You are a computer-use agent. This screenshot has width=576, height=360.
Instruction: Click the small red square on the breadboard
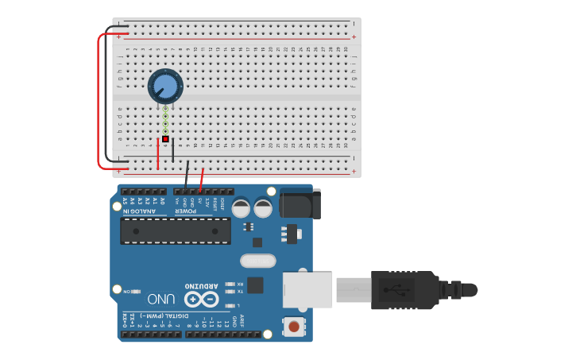[x=165, y=139]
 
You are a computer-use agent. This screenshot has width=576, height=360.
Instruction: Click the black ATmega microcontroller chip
[x=175, y=231]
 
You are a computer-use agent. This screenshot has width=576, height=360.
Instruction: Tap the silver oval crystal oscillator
[x=257, y=261]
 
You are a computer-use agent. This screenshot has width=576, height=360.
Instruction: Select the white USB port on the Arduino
[x=308, y=289]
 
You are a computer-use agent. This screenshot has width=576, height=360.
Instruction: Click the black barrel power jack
[x=300, y=204]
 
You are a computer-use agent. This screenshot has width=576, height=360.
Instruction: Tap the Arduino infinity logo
[x=200, y=299]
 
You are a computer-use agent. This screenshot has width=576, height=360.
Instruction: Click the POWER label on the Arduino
[x=185, y=211]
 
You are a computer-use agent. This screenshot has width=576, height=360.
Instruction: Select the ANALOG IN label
[x=139, y=211]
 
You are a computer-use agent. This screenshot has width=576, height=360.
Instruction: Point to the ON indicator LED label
[x=126, y=292]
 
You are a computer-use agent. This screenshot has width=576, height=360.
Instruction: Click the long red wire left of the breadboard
[x=99, y=99]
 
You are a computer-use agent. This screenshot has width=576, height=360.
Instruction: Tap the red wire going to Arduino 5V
[x=201, y=180]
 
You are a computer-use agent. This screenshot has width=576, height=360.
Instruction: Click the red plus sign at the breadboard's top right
[x=354, y=37]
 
